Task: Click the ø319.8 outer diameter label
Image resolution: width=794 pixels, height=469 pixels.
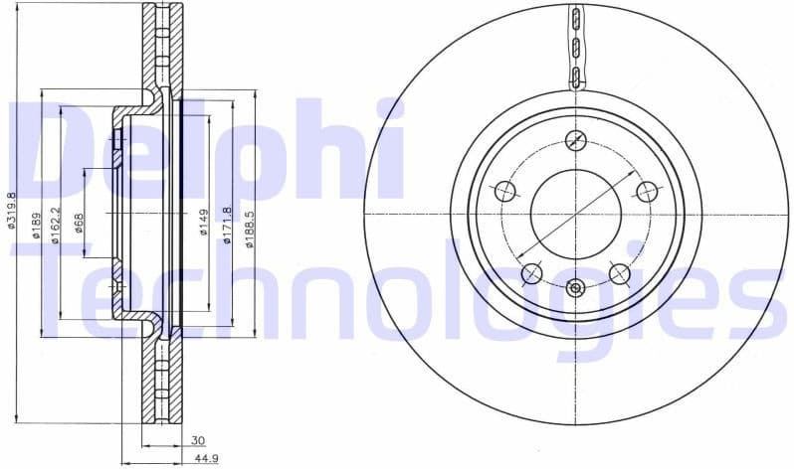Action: (12, 212)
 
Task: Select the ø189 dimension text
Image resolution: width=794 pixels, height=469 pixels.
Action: (34, 225)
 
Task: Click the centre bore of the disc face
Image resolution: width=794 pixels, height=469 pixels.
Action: (576, 214)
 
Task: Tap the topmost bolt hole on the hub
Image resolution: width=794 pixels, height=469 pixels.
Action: (576, 139)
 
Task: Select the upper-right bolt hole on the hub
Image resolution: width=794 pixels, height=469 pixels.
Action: (647, 191)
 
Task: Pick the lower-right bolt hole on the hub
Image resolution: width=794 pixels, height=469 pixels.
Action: (620, 273)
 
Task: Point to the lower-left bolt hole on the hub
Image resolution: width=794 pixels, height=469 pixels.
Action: (532, 273)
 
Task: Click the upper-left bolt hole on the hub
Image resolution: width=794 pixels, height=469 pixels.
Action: (505, 191)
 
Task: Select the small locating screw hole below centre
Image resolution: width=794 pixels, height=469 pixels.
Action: (576, 288)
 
